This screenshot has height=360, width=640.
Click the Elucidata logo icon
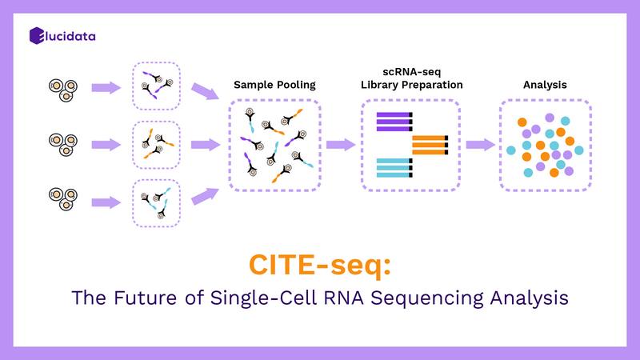point(36,35)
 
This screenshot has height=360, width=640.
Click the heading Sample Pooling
point(274,85)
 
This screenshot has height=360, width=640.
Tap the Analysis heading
point(545,85)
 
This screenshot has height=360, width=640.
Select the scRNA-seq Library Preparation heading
point(410,78)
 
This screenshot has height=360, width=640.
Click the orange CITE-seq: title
point(320,264)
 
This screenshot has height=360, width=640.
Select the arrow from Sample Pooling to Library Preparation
point(340,145)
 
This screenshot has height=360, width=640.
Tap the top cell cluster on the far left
point(62,87)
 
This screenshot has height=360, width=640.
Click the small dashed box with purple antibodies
point(157,86)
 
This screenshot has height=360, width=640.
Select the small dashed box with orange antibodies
point(157,144)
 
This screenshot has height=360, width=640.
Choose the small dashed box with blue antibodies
point(157,202)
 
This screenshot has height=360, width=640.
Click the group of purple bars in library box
point(394,121)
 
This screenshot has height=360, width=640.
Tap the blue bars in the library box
point(394,167)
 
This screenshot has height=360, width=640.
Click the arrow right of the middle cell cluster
point(105,145)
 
